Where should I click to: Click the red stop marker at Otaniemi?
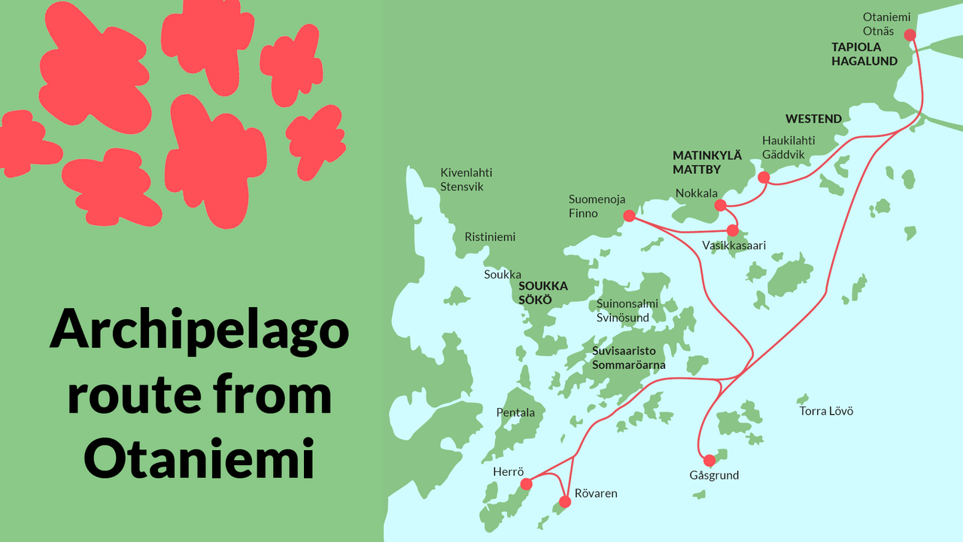point(910,35)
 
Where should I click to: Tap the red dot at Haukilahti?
point(764,178)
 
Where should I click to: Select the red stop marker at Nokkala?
point(720,206)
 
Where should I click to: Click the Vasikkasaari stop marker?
point(732,230)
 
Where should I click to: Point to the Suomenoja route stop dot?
point(630,216)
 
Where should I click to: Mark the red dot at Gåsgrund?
point(709,461)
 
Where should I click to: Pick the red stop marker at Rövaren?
point(565,502)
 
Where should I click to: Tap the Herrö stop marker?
point(527,484)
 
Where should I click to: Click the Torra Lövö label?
point(826,411)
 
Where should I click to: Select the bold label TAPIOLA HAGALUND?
point(864,54)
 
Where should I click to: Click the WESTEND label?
point(813,119)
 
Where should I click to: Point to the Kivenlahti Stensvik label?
point(467,180)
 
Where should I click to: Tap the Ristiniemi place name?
point(490,237)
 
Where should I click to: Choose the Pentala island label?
point(515,413)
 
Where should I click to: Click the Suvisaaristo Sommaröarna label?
point(628,358)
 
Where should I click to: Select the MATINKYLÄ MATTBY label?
point(707,163)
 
